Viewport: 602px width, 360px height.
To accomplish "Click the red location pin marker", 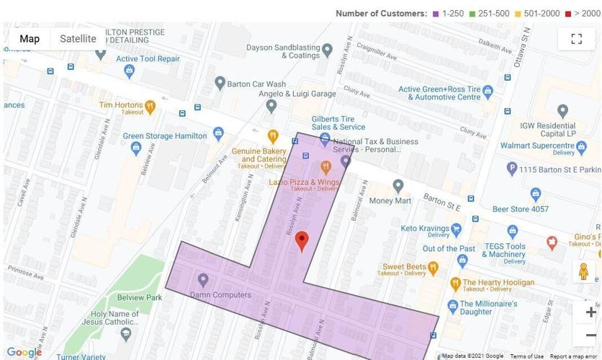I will click(x=302, y=240).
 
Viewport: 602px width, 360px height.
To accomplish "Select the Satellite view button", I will click(x=78, y=39).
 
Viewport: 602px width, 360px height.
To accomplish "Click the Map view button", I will click(x=30, y=39).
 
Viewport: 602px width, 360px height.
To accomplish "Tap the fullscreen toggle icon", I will click(x=576, y=39).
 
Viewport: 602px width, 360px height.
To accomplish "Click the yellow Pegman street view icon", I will click(x=583, y=271).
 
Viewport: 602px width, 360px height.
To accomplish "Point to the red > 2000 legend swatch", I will click(x=568, y=14).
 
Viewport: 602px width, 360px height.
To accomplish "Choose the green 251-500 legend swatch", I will click(x=472, y=14).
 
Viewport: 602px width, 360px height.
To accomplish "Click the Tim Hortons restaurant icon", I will click(x=150, y=107).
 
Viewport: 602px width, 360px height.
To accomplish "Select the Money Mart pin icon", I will click(x=397, y=186).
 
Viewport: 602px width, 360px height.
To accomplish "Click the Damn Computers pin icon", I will click(x=203, y=279).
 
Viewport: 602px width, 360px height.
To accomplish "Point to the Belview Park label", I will click(x=139, y=297).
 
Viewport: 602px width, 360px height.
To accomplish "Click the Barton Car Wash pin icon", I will click(x=220, y=84).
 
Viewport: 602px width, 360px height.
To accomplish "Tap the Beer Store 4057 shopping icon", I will click(x=535, y=194).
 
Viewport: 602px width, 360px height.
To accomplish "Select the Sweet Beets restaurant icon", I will click(x=433, y=268).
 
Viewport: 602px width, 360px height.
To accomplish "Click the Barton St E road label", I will click(x=442, y=202).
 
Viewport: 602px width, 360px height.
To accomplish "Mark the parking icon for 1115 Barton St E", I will click(x=512, y=168).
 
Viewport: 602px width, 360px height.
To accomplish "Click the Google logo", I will click(x=24, y=352).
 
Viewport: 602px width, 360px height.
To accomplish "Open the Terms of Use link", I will click(x=527, y=356).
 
